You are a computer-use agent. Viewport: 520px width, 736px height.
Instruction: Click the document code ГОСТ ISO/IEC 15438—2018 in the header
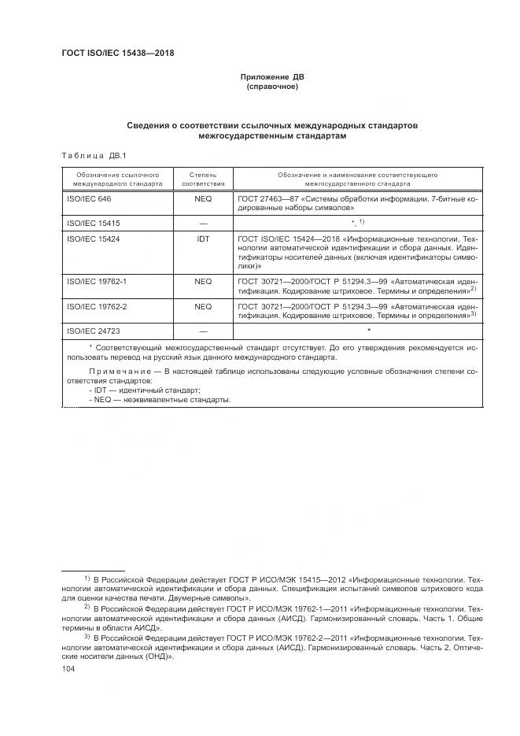tap(117, 54)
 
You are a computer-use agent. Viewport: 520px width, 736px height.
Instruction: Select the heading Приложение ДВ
tap(272, 77)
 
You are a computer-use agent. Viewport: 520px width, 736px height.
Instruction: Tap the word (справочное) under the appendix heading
tap(272, 87)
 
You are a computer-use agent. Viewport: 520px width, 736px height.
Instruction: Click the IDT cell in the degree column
tap(203, 238)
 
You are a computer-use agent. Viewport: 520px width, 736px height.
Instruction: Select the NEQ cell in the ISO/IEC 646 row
tap(203, 199)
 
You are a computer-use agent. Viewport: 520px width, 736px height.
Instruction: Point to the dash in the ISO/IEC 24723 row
tap(203, 331)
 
